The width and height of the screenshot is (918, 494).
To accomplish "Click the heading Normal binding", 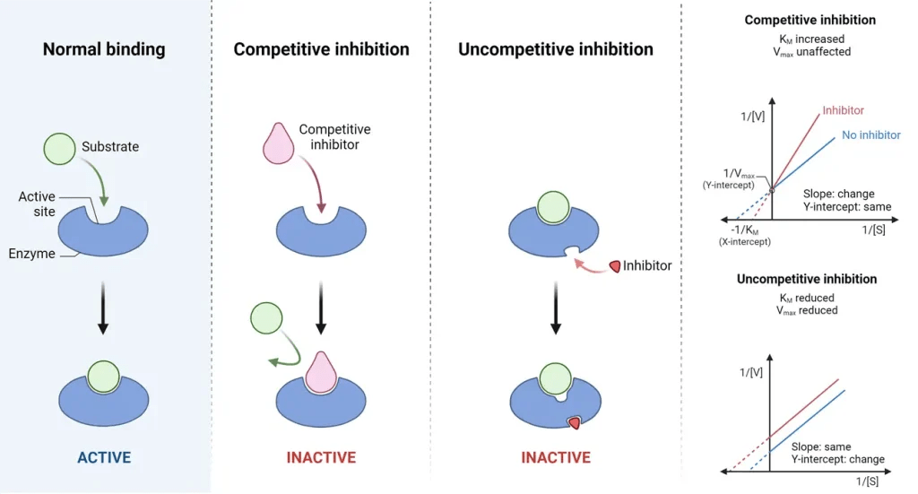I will pyautogui.click(x=104, y=48).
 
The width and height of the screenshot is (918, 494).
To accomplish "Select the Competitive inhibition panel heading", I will pyautogui.click(x=321, y=48).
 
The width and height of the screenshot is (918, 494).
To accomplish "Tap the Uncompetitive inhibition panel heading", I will pyautogui.click(x=556, y=48).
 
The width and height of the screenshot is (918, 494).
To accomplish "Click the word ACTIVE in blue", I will pyautogui.click(x=104, y=457).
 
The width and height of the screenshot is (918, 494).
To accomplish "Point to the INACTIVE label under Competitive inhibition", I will pyautogui.click(x=321, y=457).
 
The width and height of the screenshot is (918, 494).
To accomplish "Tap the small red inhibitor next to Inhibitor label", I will pyautogui.click(x=616, y=266).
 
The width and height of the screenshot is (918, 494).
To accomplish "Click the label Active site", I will pyautogui.click(x=37, y=204).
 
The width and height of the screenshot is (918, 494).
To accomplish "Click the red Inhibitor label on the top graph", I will pyautogui.click(x=843, y=110).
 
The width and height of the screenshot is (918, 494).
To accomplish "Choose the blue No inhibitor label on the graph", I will pyautogui.click(x=870, y=135).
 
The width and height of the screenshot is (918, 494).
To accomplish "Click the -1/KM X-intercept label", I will pyautogui.click(x=746, y=236).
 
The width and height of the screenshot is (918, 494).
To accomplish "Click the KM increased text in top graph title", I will pyautogui.click(x=810, y=38).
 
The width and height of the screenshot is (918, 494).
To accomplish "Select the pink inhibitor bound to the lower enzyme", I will pyautogui.click(x=320, y=372).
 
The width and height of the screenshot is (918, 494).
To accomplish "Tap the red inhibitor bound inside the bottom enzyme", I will pyautogui.click(x=574, y=423).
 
